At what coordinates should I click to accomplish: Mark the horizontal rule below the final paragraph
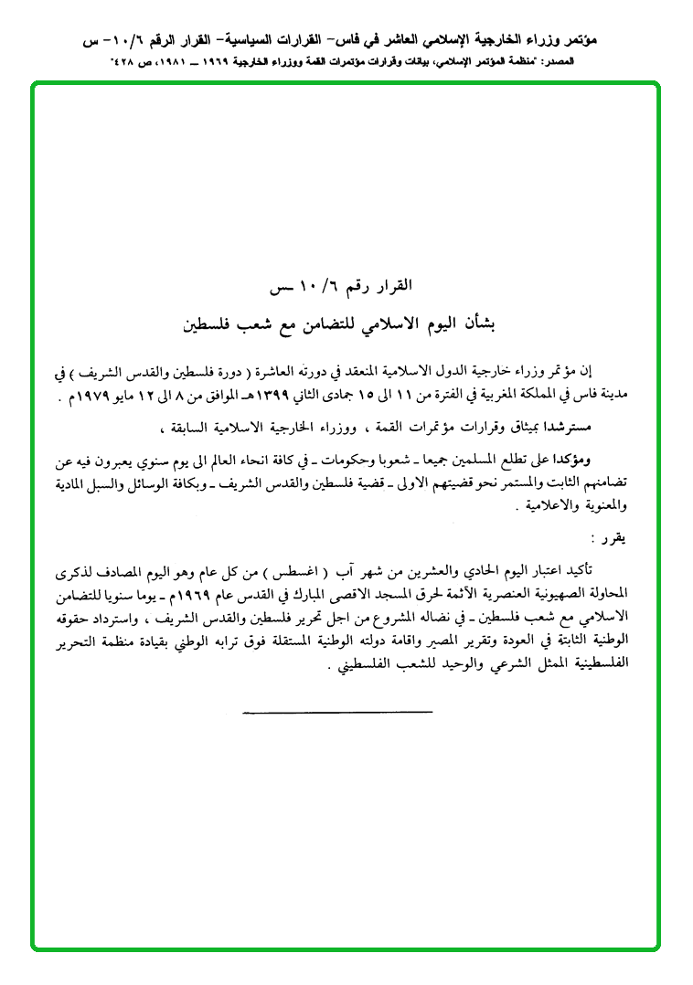(337, 710)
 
